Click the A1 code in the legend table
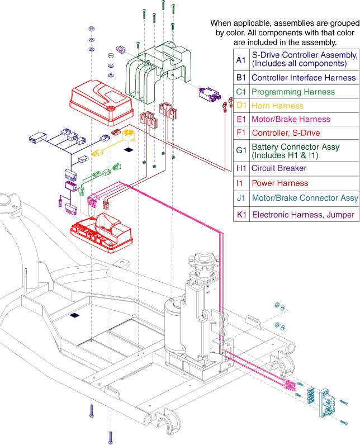click(241, 60)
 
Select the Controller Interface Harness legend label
click(304, 78)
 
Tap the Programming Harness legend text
click(293, 92)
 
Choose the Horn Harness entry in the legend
click(277, 106)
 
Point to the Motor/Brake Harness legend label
click(291, 119)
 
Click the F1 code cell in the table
click(241, 133)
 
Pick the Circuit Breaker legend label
click(279, 168)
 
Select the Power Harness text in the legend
click(280, 183)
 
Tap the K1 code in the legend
click(241, 215)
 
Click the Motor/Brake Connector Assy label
click(305, 198)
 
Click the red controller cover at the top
click(101, 103)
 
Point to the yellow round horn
click(129, 135)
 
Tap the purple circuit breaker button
click(121, 50)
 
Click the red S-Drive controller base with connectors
click(101, 233)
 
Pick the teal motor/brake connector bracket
click(326, 403)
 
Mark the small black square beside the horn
click(129, 149)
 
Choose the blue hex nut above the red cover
click(91, 29)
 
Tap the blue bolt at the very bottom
click(111, 437)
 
